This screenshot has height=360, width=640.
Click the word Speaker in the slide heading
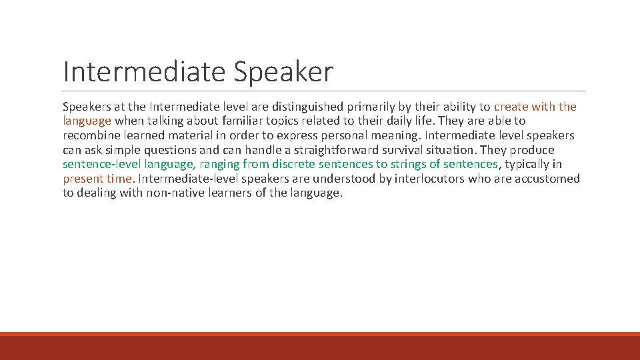click(283, 72)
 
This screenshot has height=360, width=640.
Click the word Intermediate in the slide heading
click(144, 72)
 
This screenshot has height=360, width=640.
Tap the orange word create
click(511, 107)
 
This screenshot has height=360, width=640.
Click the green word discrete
click(294, 164)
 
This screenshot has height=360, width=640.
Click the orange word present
click(83, 179)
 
